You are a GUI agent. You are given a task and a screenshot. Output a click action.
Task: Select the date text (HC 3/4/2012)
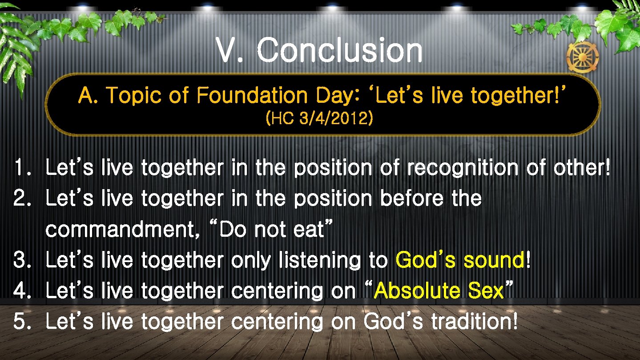click(x=319, y=119)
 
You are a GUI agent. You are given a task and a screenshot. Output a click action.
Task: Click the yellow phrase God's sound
click(x=460, y=260)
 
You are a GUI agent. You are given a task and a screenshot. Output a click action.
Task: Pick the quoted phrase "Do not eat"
click(x=270, y=230)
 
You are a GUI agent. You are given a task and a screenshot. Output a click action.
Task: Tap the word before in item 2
click(x=411, y=198)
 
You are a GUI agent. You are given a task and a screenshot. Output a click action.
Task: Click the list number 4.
click(x=21, y=291)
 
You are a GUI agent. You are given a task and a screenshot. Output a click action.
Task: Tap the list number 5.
click(x=21, y=321)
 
